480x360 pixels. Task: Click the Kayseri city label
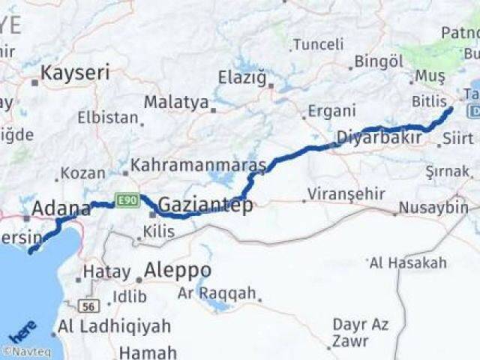pos(75,73)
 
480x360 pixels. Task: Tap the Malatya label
pos(176,102)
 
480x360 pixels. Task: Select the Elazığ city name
pos(242,77)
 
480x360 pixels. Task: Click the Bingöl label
pos(379,61)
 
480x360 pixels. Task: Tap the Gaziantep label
pos(205,205)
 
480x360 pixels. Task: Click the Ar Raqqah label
pos(217,293)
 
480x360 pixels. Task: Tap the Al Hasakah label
pos(408,262)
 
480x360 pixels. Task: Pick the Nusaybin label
pos(433,207)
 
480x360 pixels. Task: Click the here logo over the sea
pos(22,330)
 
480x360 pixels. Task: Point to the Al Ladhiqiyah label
pos(114,326)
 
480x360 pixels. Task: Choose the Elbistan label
pos(108,118)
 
